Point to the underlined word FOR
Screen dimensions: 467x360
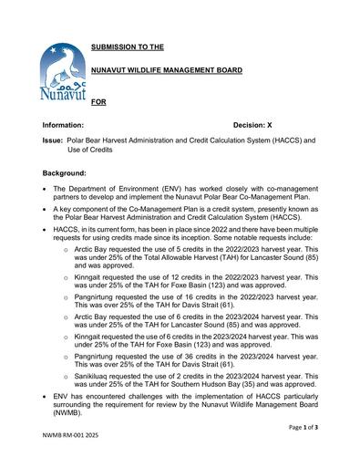click(x=99, y=102)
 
